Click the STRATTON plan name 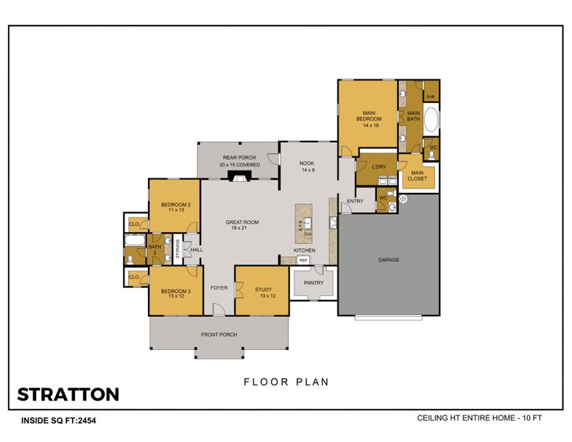click(68, 394)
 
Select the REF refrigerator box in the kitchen click(303, 260)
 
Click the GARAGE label click(388, 260)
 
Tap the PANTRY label click(314, 282)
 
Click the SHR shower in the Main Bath click(431, 96)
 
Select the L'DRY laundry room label click(378, 167)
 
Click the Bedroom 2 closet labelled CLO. click(135, 224)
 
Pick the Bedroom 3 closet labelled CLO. click(135, 277)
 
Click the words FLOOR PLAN click(286, 382)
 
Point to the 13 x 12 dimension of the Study click(264, 296)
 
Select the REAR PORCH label click(239, 158)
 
